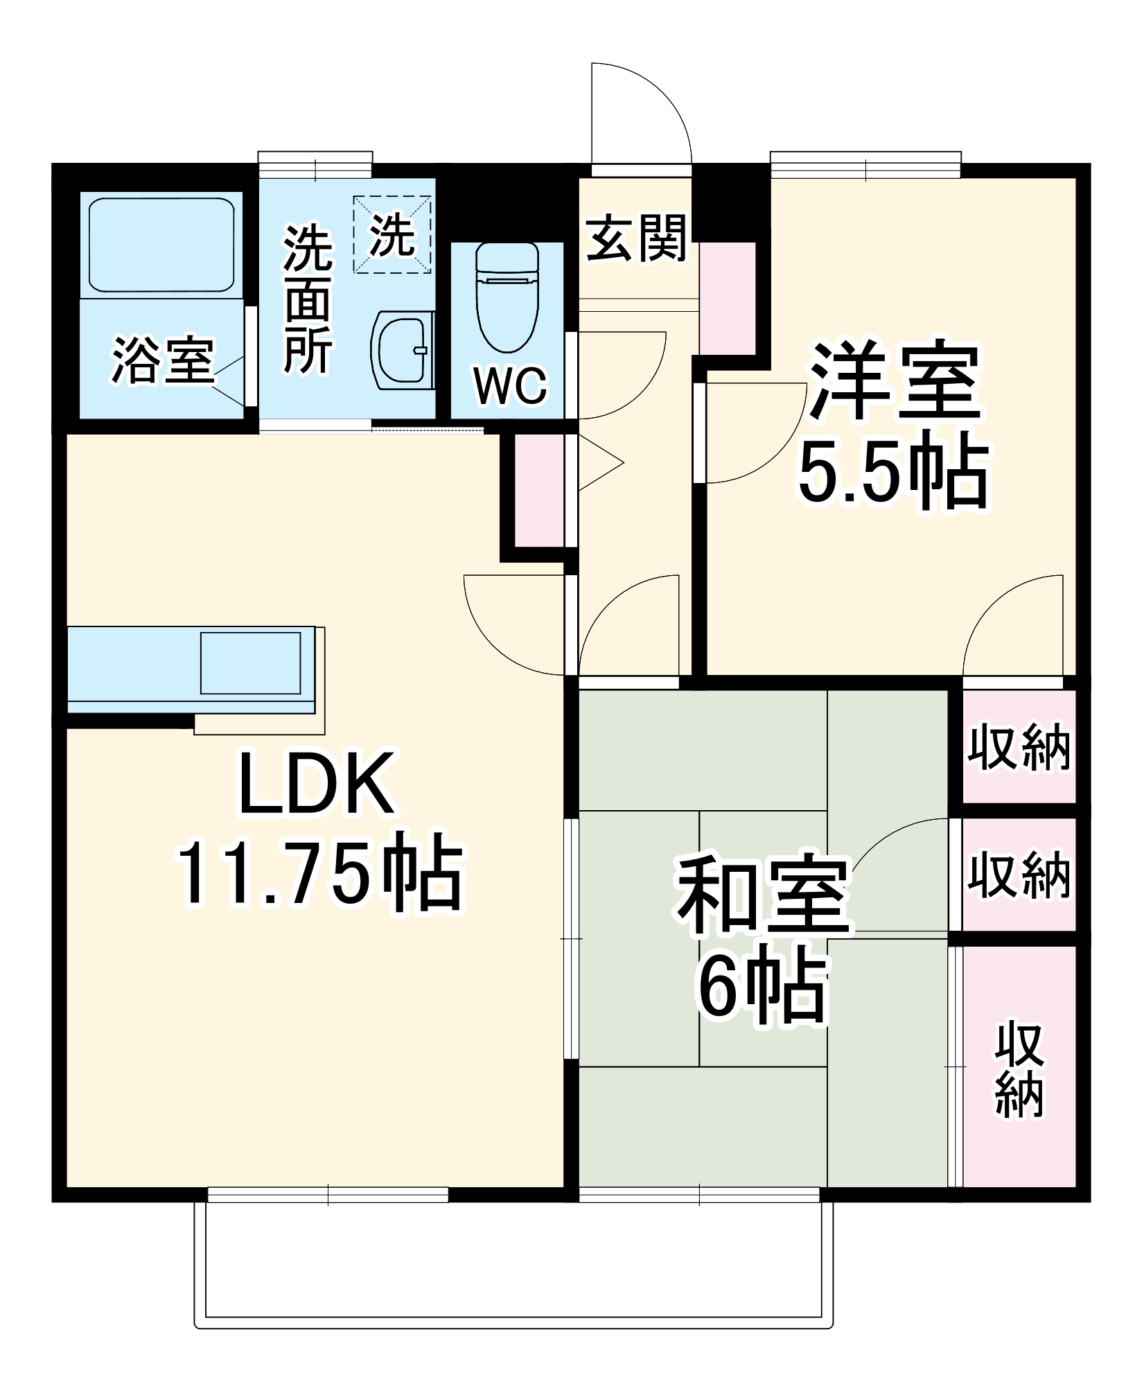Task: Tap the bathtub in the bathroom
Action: [161, 245]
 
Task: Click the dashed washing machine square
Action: [392, 234]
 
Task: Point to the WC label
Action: [511, 386]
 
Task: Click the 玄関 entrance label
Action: [636, 238]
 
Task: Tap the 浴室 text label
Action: [163, 360]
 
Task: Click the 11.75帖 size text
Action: [319, 876]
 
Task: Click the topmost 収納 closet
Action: [1019, 748]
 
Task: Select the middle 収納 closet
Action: [1019, 875]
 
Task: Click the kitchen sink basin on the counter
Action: [250, 663]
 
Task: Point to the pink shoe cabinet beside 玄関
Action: [727, 298]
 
